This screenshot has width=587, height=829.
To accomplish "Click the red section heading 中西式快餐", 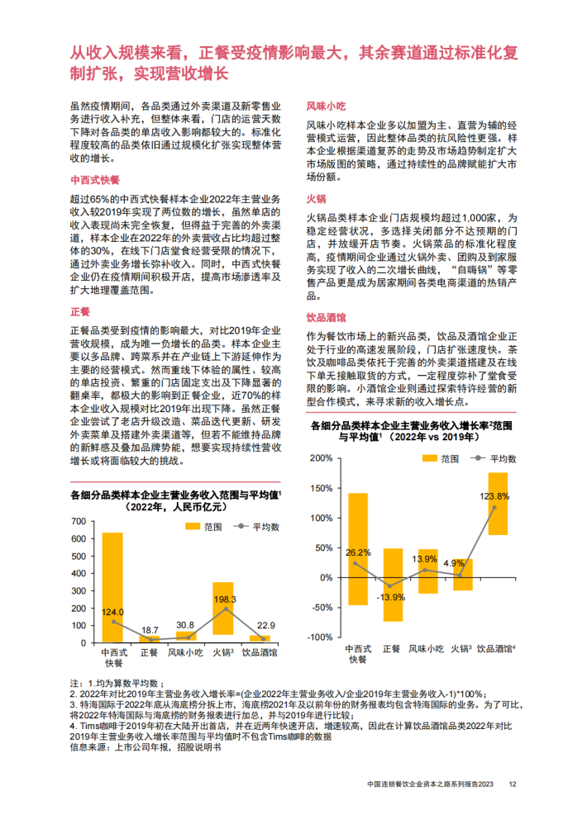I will (95, 178).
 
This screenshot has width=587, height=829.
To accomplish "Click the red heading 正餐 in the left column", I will (80, 311).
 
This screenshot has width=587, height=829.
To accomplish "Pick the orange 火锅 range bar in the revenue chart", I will (222, 609).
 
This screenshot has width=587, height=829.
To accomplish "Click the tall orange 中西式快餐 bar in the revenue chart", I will (112, 586).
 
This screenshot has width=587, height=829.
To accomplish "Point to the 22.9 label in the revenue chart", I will (265, 625).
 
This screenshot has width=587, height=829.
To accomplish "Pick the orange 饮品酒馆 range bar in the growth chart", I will (498, 504).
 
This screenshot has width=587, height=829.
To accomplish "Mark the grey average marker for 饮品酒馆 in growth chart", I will (494, 508).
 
